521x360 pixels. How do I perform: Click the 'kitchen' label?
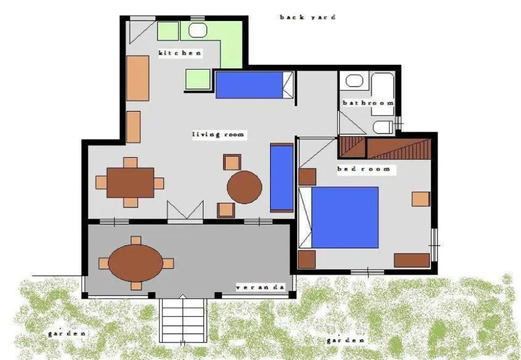coord(179,53)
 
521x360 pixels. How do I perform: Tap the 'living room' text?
coord(218,134)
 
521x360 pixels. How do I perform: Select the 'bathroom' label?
coord(367,103)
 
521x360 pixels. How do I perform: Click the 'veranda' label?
coord(259,287)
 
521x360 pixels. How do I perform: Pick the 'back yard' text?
coord(307,17)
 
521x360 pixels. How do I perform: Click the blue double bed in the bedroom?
coord(345,217)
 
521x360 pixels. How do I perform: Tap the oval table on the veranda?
coord(136,263)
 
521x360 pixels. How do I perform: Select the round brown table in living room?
coord(244,187)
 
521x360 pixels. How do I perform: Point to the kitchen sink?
coord(197,31)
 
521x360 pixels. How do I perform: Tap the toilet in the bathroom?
coord(382,127)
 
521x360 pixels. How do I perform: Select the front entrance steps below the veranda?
coord(183,320)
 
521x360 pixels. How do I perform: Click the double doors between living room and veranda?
coord(185,212)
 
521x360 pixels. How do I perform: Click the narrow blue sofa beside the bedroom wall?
coord(281,177)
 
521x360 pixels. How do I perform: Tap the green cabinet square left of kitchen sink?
coord(168,31)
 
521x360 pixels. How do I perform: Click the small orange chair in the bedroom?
coord(421,199)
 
